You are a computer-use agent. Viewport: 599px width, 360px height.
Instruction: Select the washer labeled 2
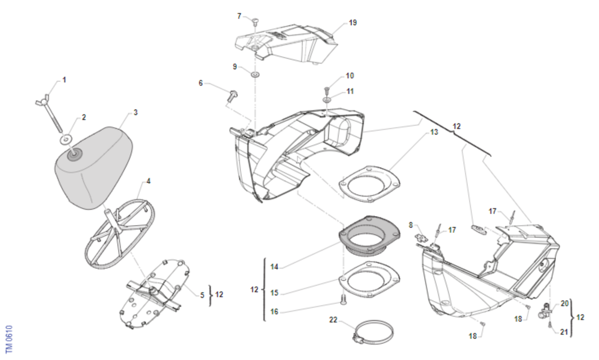click(65, 138)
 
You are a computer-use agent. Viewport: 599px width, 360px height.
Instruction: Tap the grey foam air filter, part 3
click(95, 167)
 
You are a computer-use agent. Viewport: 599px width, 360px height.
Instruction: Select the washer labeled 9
click(255, 75)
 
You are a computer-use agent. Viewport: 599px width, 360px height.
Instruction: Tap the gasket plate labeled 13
click(369, 185)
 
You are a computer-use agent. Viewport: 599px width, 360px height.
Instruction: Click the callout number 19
click(353, 23)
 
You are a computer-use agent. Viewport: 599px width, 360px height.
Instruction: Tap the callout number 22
click(333, 320)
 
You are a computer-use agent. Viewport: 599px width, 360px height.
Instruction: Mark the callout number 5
click(202, 295)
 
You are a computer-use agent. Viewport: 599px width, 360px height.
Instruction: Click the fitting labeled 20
click(544, 312)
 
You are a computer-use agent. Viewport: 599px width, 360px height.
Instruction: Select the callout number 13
click(434, 132)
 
